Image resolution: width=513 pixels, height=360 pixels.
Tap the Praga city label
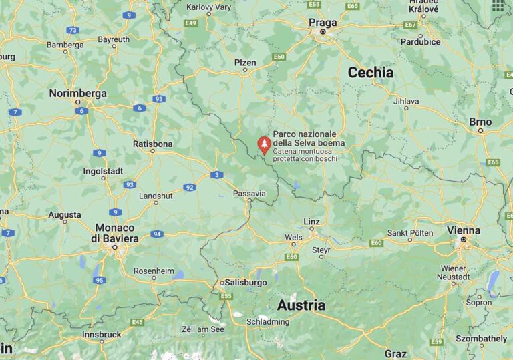(x=323, y=22)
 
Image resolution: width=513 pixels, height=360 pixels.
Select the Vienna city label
(x=464, y=230)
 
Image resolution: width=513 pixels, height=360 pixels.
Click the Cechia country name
(x=370, y=73)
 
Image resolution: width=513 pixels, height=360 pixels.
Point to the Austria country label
(x=301, y=305)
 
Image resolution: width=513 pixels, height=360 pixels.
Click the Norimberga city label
(x=77, y=94)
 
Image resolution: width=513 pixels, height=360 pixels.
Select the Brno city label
(x=480, y=122)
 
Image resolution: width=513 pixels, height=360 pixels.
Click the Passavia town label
(x=249, y=194)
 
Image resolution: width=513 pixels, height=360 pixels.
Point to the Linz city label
(x=311, y=221)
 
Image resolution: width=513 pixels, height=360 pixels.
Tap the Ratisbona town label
(x=152, y=144)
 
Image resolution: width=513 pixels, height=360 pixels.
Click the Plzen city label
(x=245, y=63)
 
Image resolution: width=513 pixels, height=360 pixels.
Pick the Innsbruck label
(x=102, y=334)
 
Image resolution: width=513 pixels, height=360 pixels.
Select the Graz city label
(x=395, y=353)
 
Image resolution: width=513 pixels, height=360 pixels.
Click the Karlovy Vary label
(x=208, y=7)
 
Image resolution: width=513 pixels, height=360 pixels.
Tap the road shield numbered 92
(x=190, y=187)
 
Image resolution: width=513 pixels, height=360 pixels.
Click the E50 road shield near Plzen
(x=279, y=57)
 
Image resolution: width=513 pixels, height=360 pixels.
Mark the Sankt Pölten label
(x=411, y=232)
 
